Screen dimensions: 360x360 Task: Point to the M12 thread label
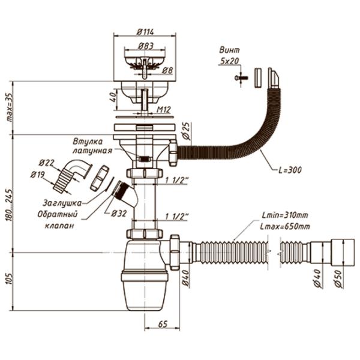(x=165, y=109)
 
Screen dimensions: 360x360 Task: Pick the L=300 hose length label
(x=288, y=170)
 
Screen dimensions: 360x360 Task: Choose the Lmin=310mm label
(x=285, y=216)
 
